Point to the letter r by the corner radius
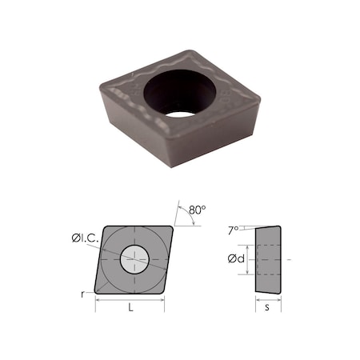[83, 294]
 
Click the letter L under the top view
[130, 307]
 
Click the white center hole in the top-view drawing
[134, 258]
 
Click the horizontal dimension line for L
[130, 300]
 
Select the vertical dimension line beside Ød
[249, 259]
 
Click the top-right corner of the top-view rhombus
[173, 226]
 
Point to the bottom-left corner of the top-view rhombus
[97, 291]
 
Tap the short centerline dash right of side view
[289, 259]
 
